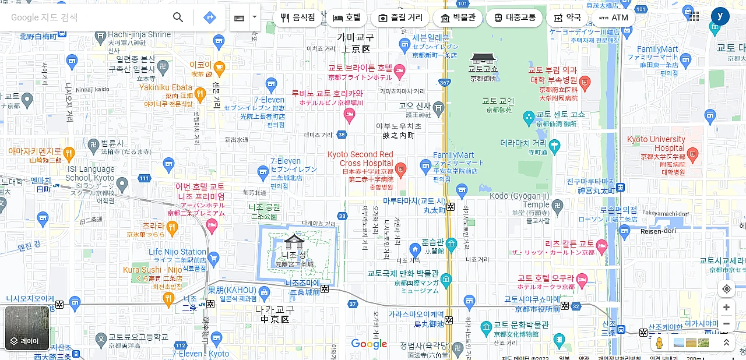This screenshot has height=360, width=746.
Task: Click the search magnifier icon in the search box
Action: [x=178, y=17]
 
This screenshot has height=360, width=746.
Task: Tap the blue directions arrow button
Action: [x=210, y=17]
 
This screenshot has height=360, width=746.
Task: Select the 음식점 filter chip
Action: [x=298, y=17]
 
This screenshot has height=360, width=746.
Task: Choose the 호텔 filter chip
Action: [x=347, y=17]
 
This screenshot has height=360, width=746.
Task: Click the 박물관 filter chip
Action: [x=458, y=17]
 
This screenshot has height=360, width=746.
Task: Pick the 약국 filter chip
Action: [x=567, y=17]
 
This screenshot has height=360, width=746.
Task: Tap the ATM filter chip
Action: [x=614, y=17]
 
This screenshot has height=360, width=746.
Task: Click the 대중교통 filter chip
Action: [x=514, y=17]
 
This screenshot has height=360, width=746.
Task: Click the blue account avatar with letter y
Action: [x=720, y=16]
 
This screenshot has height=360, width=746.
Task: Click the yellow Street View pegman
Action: [x=659, y=343]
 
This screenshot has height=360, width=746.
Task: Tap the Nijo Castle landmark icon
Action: [x=294, y=241]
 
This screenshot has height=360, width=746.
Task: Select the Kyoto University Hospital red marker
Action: [x=692, y=155]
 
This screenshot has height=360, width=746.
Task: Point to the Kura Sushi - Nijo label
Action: [x=153, y=270]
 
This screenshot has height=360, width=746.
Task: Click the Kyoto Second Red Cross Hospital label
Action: [x=360, y=159]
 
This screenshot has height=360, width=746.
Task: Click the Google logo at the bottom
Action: [x=369, y=344]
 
